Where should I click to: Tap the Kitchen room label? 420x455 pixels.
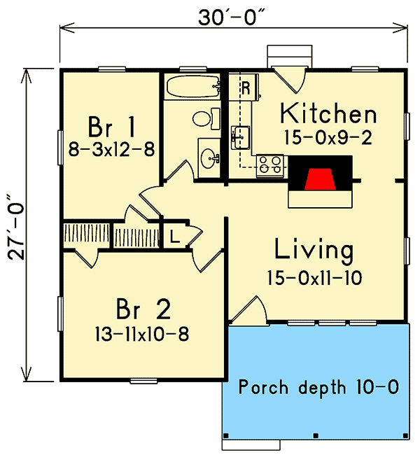click(x=328, y=113)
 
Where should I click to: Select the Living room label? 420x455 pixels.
click(x=313, y=250)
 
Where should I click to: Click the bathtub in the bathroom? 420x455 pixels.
click(x=192, y=88)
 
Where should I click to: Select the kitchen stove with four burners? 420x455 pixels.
click(x=271, y=165)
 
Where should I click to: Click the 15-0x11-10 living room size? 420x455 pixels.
click(x=314, y=278)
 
